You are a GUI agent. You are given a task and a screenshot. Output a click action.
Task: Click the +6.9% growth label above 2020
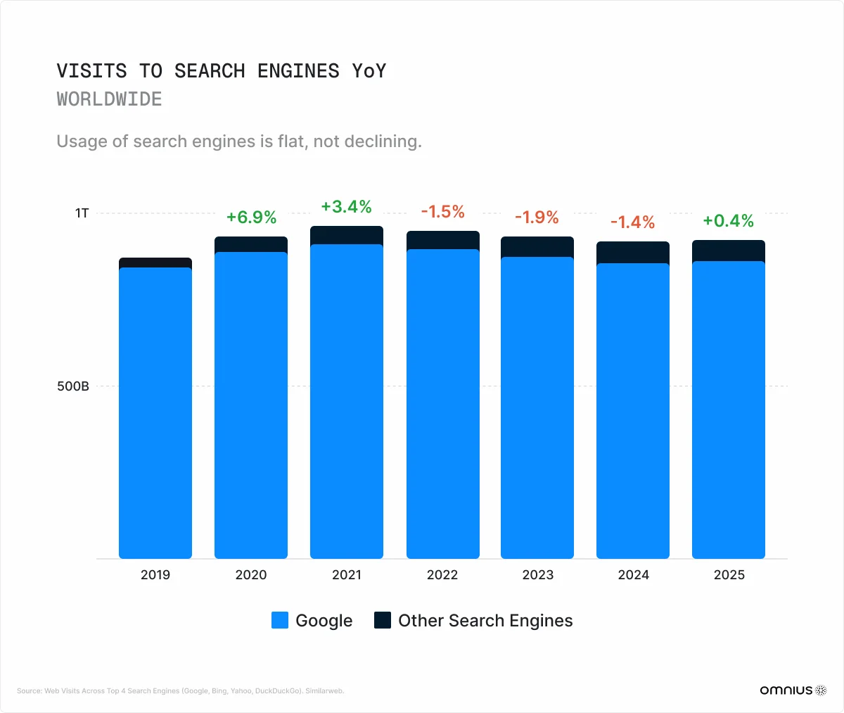point(251,217)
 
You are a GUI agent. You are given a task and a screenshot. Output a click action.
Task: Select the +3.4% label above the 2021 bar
point(346,206)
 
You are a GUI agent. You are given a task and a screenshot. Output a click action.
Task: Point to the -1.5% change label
point(442,212)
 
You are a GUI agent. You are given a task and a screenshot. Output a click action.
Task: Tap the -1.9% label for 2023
point(537,217)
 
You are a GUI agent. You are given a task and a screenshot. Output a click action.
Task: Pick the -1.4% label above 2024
point(632,222)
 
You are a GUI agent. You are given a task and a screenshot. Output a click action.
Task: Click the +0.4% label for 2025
point(728,220)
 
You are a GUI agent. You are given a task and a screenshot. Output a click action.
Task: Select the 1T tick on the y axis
point(82,213)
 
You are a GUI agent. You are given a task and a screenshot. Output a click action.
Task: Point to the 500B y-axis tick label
point(73,386)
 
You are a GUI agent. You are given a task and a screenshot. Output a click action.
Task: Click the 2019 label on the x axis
point(155,575)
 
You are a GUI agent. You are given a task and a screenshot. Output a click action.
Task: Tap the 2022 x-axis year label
point(442,575)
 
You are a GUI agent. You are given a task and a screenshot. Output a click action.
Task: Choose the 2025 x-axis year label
point(729,575)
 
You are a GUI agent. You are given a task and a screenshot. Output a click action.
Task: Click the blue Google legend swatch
point(280,620)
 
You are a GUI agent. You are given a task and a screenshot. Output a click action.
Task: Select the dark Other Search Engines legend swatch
point(383,620)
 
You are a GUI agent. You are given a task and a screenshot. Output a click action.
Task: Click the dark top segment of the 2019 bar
point(155,263)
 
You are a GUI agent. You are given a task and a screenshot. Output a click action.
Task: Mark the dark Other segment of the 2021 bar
point(347,235)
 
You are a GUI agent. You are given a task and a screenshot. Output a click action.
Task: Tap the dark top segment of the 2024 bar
point(633,252)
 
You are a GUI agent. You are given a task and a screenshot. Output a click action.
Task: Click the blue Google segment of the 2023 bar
point(537,408)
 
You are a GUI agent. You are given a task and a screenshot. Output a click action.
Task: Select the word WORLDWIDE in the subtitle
point(109,99)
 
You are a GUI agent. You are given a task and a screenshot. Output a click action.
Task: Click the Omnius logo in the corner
point(793,690)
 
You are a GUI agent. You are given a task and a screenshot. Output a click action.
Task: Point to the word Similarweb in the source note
point(325,691)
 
